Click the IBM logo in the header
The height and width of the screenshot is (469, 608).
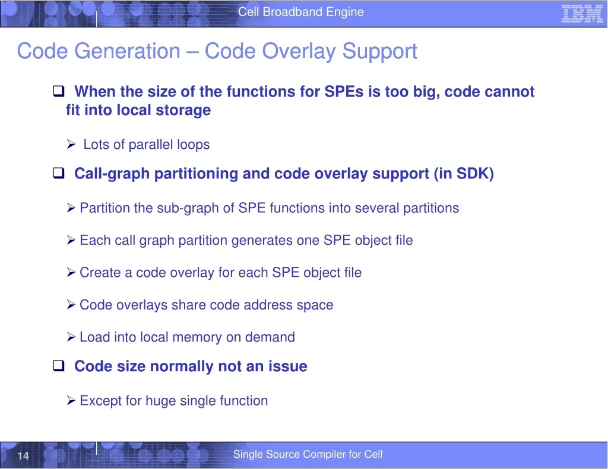pos(582,14)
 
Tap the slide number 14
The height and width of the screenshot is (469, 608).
pos(23,455)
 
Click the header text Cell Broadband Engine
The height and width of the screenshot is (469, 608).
pos(301,12)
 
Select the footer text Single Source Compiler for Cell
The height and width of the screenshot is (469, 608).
pos(308,454)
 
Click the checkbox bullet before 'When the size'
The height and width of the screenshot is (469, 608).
pos(59,91)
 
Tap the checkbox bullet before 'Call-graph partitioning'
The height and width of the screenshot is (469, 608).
pos(59,173)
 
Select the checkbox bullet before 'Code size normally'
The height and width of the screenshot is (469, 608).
pos(59,365)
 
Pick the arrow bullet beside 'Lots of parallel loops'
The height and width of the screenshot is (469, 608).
pos(71,144)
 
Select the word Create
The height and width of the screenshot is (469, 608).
pos(100,273)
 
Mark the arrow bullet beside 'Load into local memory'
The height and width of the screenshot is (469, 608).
pos(71,337)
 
